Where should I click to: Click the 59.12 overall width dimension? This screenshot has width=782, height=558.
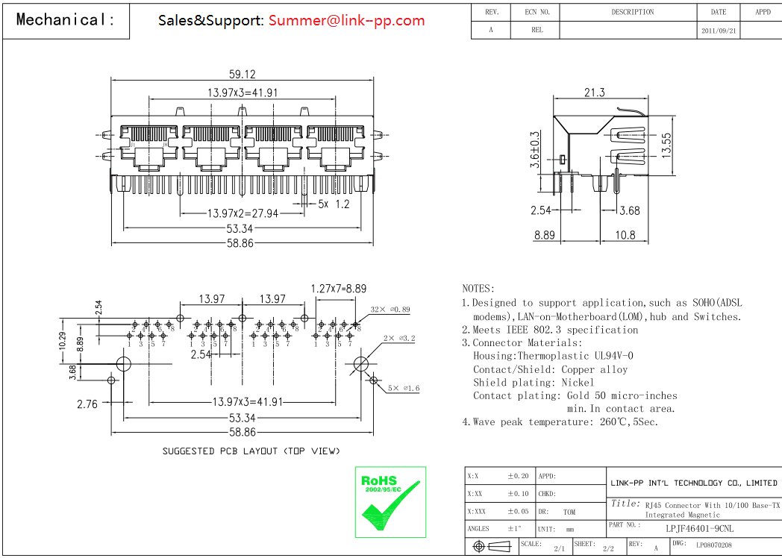pyautogui.click(x=242, y=74)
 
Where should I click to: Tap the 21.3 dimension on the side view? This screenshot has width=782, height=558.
pyautogui.click(x=594, y=93)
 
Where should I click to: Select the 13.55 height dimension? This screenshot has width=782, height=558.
pyautogui.click(x=666, y=145)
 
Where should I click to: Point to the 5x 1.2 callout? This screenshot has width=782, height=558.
pyautogui.click(x=334, y=204)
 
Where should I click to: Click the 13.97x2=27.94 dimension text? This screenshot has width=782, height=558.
pyautogui.click(x=242, y=213)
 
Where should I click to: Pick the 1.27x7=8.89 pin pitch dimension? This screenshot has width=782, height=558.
pyautogui.click(x=339, y=288)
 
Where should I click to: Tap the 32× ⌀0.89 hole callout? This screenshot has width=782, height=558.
pyautogui.click(x=390, y=310)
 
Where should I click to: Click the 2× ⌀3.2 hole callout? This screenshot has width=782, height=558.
pyautogui.click(x=398, y=339)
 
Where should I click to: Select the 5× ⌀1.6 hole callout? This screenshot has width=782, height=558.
pyautogui.click(x=404, y=388)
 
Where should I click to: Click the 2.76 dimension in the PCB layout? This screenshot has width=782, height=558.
pyautogui.click(x=87, y=404)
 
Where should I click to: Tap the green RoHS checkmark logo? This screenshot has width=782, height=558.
pyautogui.click(x=390, y=501)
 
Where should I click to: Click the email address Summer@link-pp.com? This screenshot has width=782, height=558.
pyautogui.click(x=346, y=20)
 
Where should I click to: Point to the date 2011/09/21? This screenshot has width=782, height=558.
pyautogui.click(x=719, y=31)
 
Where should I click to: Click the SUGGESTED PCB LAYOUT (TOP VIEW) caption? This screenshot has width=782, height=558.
pyautogui.click(x=251, y=451)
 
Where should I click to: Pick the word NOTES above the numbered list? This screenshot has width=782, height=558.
pyautogui.click(x=478, y=289)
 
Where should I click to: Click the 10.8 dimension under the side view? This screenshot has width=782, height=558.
pyautogui.click(x=625, y=235)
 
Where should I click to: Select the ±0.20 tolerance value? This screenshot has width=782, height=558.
pyautogui.click(x=518, y=476)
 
